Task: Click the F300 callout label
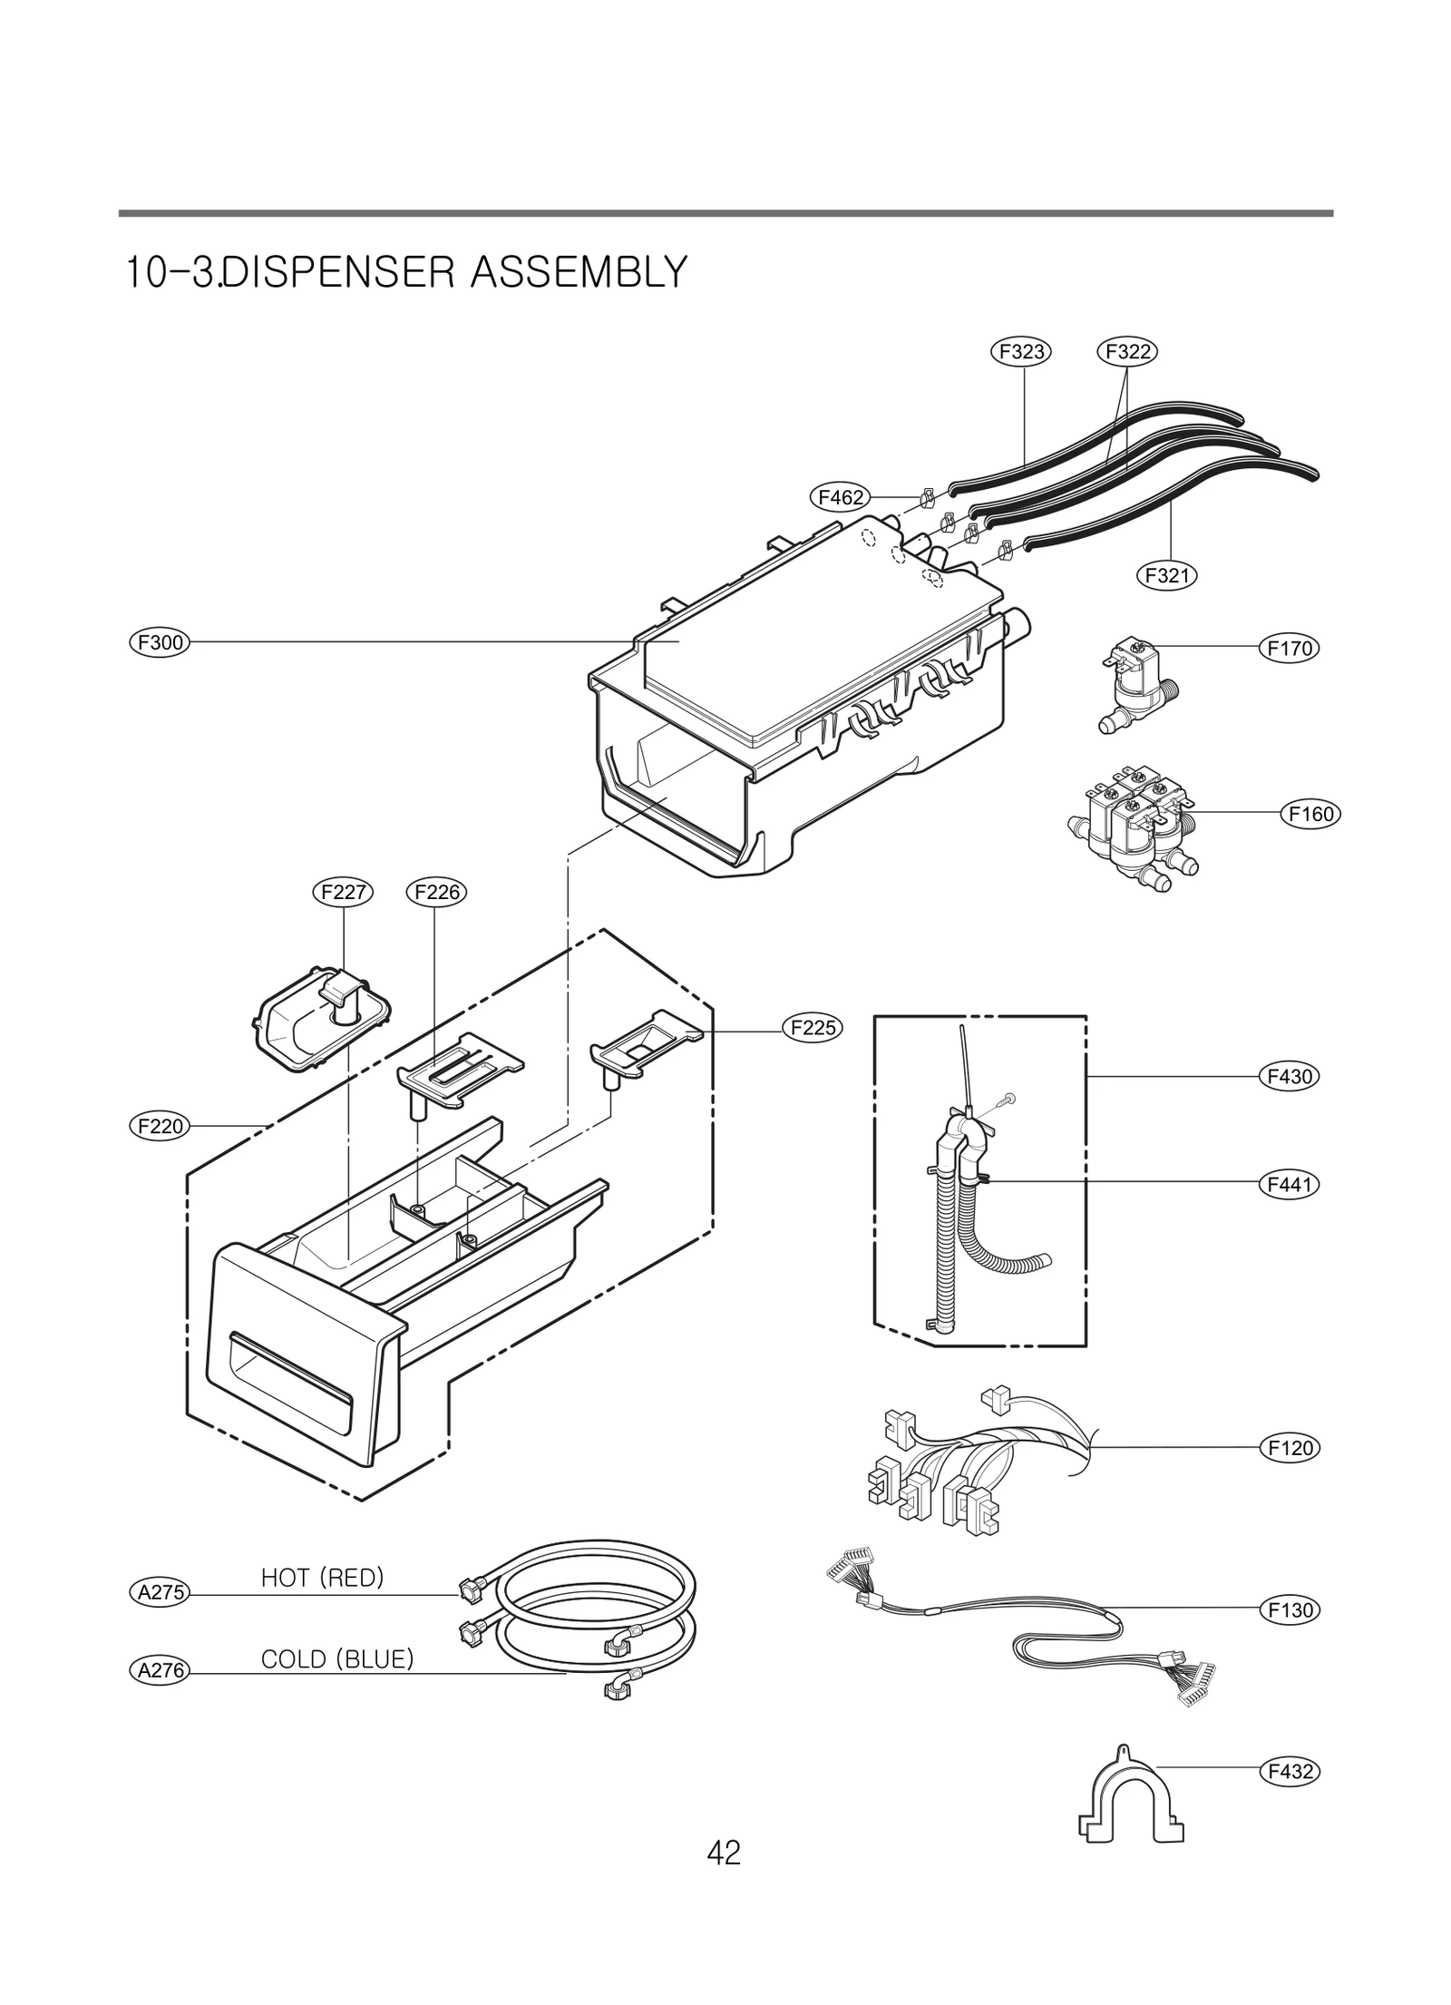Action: point(159,643)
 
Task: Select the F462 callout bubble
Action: point(839,497)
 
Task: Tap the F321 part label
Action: point(1166,575)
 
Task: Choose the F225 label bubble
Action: point(813,1028)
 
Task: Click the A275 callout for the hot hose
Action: point(159,1591)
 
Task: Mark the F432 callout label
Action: point(1290,1771)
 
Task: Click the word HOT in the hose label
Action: point(285,1579)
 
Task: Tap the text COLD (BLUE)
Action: point(336,1659)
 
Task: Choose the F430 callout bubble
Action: point(1290,1077)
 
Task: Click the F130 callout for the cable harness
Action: point(1290,1610)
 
